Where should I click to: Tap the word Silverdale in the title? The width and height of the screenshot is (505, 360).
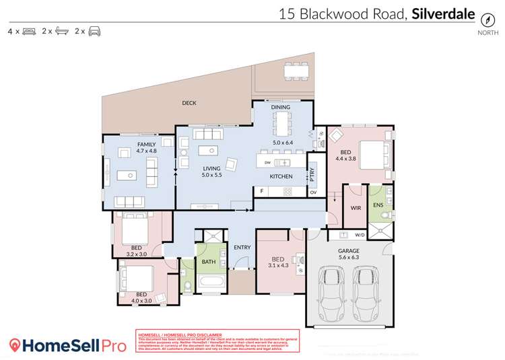pos(444,13)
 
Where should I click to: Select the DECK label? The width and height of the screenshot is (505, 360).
pos(189,103)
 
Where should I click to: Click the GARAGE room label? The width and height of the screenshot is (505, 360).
pos(348,251)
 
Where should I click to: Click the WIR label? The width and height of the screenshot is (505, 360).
pos(356,208)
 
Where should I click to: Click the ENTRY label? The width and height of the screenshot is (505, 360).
pos(242,248)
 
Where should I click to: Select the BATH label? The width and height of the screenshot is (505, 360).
pos(208,262)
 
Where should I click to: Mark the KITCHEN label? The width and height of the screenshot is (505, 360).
pos(281,176)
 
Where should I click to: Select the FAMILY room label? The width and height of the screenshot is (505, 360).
pos(146,144)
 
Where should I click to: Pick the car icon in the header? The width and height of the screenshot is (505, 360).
pos(94,31)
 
